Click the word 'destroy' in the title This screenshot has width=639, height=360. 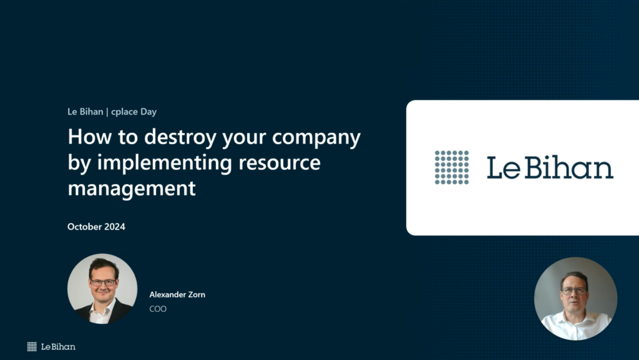180,137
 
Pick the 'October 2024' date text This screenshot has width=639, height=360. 96,227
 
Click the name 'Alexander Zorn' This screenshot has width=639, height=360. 177,294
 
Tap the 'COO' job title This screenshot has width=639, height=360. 158,309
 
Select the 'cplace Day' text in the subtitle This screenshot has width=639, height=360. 134,112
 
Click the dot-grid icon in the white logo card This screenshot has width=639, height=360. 452,167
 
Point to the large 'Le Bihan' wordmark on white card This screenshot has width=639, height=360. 550,167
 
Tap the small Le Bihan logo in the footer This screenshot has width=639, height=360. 51,346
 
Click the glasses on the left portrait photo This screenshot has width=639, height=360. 103,282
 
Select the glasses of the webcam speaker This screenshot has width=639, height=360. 574,291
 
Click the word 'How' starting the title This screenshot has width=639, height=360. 90,137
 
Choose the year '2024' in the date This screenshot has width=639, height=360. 115,227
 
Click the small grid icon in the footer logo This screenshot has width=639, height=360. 32,346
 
